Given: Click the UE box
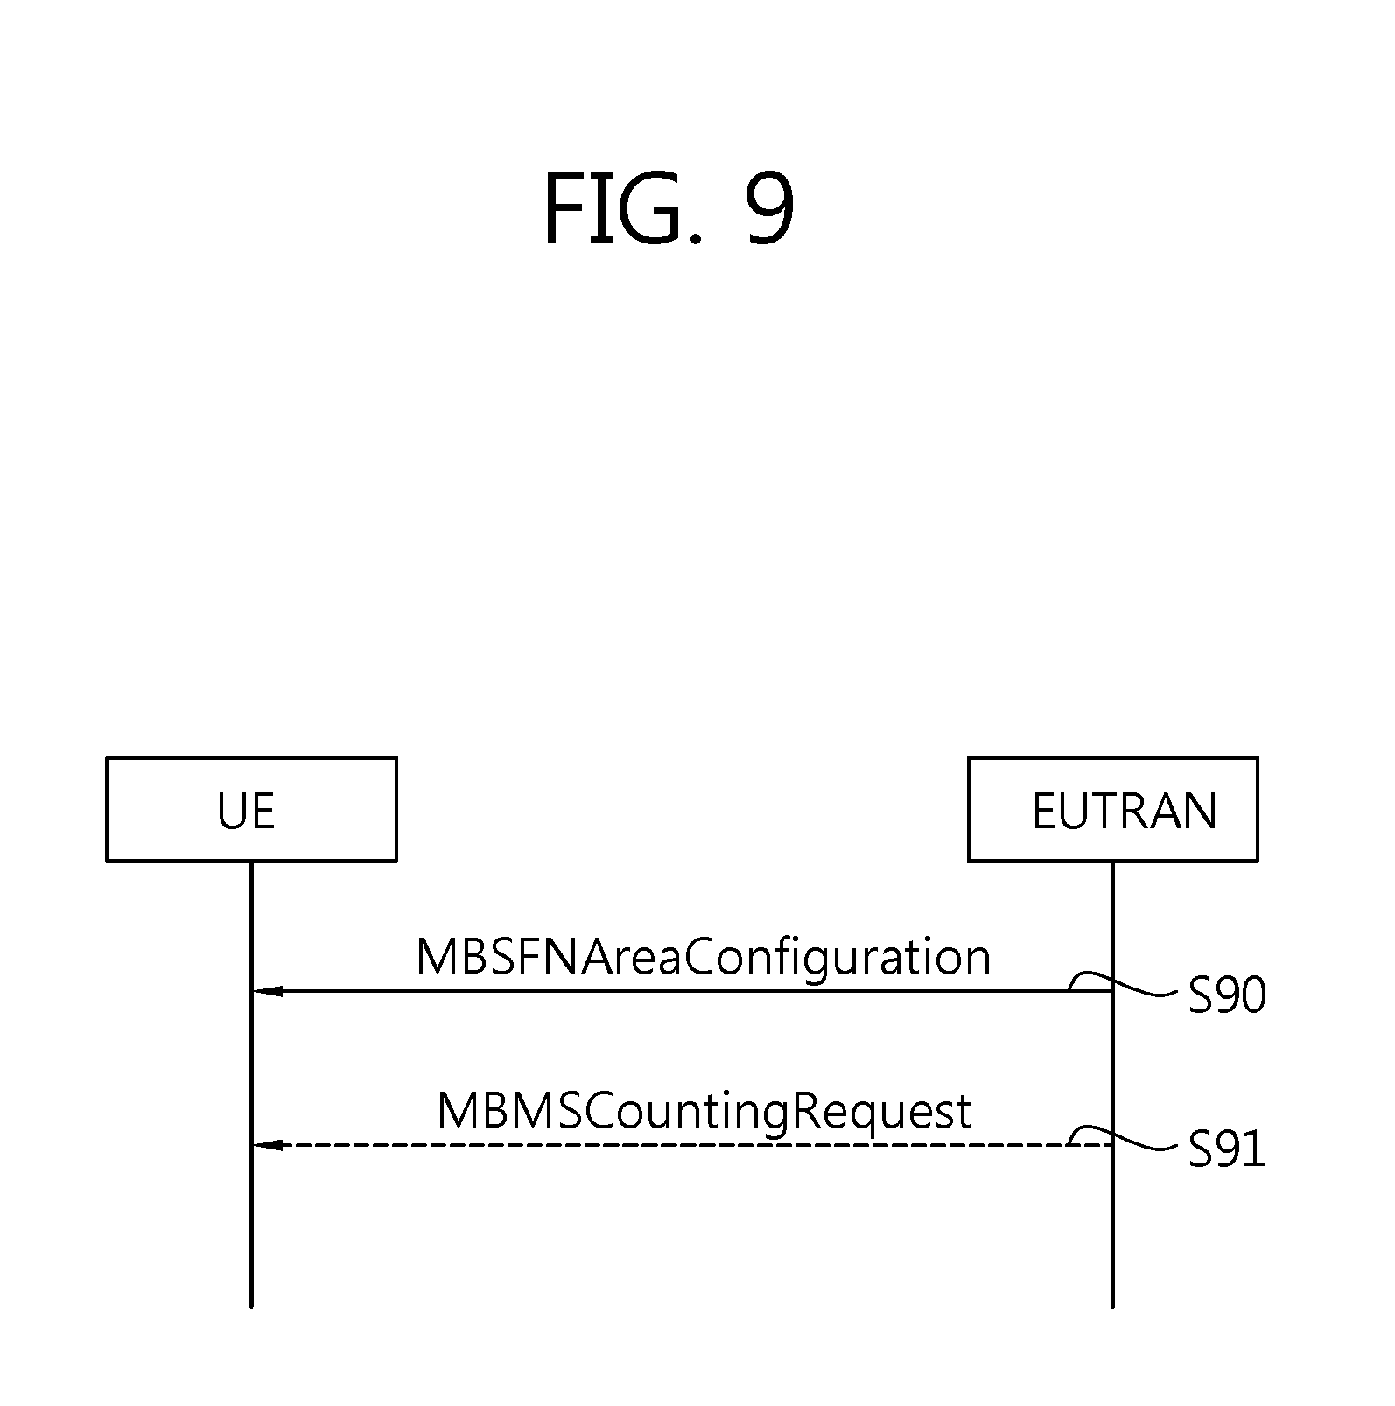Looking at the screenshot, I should coord(251,809).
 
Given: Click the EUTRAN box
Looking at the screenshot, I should coord(1112,809).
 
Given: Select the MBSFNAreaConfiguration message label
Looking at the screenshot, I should coord(703,957).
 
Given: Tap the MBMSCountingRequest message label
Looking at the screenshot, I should coord(704,1111).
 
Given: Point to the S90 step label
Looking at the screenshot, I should coord(1226,995).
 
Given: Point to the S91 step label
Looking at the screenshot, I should coord(1226,1149).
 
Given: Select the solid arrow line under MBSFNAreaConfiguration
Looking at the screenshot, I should coord(665,991).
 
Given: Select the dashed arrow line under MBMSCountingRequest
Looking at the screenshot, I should coord(665,1145).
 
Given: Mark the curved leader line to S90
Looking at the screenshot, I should coord(1138,989).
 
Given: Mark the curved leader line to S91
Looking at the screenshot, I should coord(1138,1142).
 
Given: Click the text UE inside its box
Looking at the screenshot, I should coord(246,811).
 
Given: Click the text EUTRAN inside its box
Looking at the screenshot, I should coord(1125,811).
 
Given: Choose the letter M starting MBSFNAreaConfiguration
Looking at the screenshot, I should coord(435,957).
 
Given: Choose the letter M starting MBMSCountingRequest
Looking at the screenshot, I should coord(456,1111).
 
